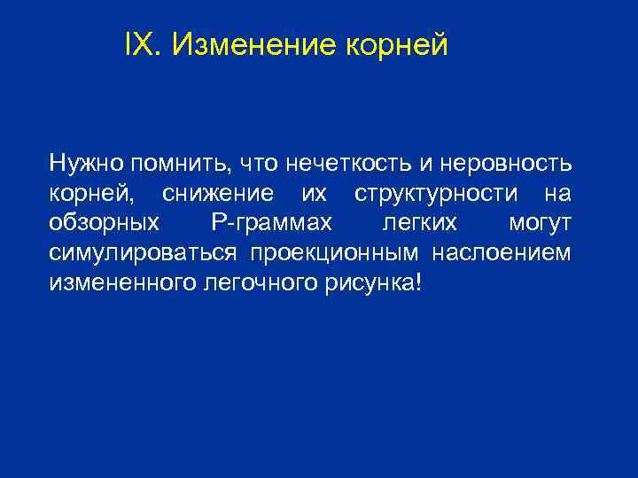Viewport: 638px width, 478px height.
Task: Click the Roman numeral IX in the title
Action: click(x=141, y=42)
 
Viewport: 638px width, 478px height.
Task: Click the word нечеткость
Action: click(x=332, y=163)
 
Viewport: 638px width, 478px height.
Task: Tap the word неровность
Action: click(x=500, y=163)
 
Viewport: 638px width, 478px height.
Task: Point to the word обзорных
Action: click(x=105, y=223)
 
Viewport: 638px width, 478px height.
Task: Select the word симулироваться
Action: click(x=143, y=253)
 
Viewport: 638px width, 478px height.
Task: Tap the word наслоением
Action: click(x=502, y=253)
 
